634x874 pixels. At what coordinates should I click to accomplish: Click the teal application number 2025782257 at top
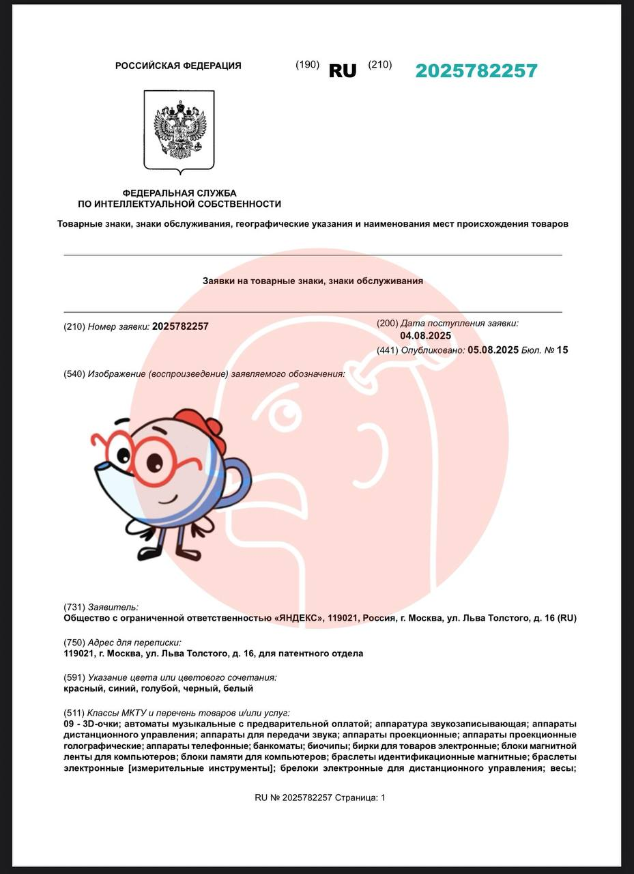(x=476, y=71)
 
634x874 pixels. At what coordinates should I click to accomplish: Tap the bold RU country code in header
(x=343, y=71)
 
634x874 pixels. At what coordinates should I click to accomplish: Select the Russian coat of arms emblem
(x=179, y=130)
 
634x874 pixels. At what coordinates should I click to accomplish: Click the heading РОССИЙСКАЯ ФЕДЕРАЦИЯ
(x=178, y=66)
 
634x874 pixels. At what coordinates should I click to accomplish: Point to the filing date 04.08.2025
(x=425, y=336)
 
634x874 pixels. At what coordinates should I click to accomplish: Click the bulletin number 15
(x=562, y=350)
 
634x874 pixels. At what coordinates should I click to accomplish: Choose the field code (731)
(x=74, y=607)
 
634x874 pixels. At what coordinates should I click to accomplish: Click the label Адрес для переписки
(x=134, y=643)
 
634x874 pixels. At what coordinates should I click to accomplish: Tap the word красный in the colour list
(x=81, y=689)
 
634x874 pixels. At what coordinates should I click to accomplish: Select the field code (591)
(x=74, y=678)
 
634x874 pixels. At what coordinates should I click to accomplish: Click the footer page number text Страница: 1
(x=360, y=798)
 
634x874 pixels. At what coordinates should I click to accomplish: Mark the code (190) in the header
(x=307, y=65)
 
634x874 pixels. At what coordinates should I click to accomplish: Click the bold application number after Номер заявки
(x=180, y=326)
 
